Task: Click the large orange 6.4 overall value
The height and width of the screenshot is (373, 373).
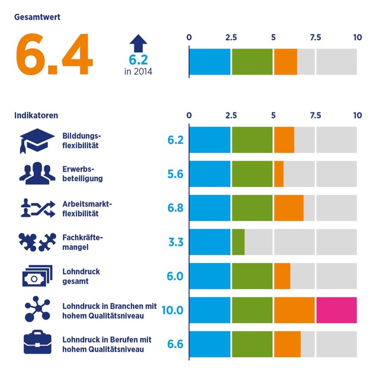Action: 54,54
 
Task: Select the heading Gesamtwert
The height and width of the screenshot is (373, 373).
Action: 37,17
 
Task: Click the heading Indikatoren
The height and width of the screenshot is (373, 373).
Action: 36,115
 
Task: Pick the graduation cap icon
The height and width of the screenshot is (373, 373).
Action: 36,140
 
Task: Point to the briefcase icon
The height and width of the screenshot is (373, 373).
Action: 36,344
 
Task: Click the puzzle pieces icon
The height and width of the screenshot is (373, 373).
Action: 36,242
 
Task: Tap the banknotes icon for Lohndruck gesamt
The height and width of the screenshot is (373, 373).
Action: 36,276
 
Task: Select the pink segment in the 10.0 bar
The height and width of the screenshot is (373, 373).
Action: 336,310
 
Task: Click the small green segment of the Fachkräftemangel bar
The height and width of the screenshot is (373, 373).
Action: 238,242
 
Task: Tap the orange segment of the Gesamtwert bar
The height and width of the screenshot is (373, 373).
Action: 285,62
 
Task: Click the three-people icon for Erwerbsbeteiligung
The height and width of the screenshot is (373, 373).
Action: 36,174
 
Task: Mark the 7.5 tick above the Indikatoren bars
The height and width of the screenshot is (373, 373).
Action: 315,115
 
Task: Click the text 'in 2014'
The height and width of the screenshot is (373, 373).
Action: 138,72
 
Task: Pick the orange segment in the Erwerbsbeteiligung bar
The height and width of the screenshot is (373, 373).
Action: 279,174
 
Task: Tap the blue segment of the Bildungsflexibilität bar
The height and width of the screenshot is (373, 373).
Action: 210,140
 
